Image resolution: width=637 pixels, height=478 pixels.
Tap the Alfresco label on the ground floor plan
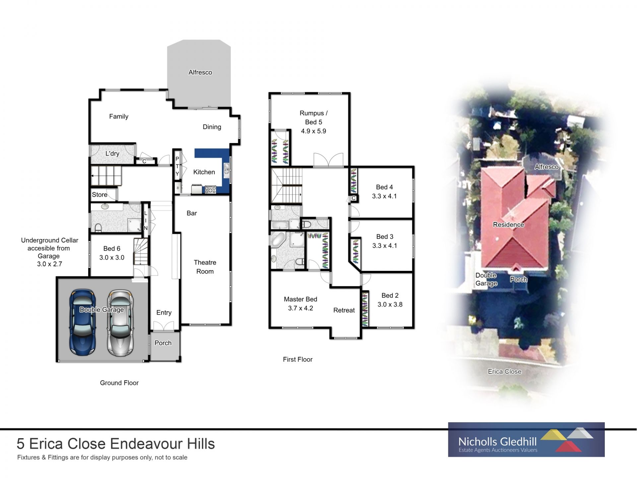coord(200,72)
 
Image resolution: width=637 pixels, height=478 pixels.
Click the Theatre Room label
coord(205,267)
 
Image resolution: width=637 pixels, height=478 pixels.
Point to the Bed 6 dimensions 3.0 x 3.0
coord(112,258)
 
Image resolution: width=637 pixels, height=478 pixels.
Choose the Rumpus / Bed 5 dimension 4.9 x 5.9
coord(314,131)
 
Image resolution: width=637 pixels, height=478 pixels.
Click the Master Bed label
coord(300,299)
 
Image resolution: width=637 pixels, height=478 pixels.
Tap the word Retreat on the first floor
coord(344,310)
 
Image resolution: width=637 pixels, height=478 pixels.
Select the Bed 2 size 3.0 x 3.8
coord(390,304)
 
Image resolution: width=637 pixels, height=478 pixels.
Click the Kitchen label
coord(204,172)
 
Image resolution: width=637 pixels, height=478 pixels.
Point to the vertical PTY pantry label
coord(177,166)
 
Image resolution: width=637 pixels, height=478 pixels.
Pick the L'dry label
coord(112,153)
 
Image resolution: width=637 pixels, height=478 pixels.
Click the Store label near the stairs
coord(100,195)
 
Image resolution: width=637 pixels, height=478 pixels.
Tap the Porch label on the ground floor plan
coord(163,343)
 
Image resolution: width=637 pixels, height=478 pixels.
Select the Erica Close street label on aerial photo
coord(505,371)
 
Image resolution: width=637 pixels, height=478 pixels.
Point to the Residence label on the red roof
coord(508,225)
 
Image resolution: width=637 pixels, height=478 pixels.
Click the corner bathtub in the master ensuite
coord(278,239)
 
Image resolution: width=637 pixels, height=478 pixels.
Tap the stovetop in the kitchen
coord(211,190)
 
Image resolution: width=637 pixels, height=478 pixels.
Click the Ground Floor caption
coord(119,383)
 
